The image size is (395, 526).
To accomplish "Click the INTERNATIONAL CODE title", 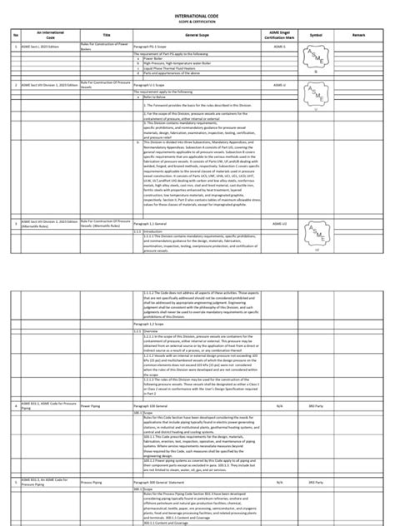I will point(198,14).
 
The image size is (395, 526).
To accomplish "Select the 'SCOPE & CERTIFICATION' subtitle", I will point(198,22).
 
